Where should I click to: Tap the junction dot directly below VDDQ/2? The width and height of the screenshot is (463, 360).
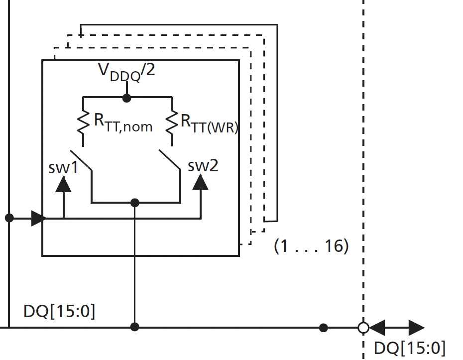click(x=127, y=98)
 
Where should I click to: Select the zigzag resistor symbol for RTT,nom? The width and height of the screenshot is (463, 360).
click(x=83, y=122)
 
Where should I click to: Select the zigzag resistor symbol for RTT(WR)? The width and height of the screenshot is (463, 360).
click(x=172, y=122)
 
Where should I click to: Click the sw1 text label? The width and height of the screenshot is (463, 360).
click(x=63, y=167)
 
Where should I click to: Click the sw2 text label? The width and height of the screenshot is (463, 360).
click(x=203, y=165)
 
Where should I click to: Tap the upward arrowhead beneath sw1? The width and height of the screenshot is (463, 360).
click(x=63, y=184)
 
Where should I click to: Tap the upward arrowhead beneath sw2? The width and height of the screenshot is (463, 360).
click(x=201, y=182)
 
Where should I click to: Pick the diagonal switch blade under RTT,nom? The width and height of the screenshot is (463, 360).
click(x=81, y=160)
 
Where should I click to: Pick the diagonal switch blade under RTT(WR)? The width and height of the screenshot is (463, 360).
click(x=170, y=160)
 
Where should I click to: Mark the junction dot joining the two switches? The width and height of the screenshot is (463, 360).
click(x=134, y=202)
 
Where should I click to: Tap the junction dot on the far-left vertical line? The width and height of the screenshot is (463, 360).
click(x=8, y=218)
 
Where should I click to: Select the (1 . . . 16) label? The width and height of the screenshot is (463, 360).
click(x=311, y=245)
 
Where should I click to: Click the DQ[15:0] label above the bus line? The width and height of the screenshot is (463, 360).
click(x=59, y=312)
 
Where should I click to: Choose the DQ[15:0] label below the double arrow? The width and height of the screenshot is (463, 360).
click(x=409, y=348)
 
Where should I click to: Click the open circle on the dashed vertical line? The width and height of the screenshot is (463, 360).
click(x=363, y=328)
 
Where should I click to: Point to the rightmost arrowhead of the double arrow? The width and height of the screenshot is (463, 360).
click(x=416, y=328)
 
